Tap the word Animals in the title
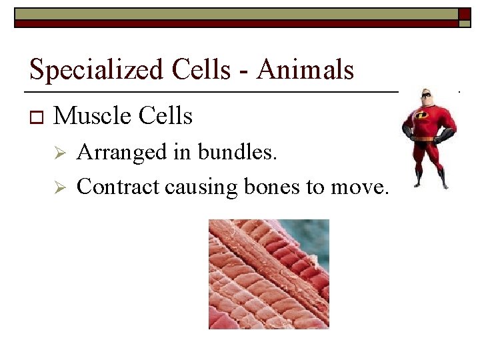305,69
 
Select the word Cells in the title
209,69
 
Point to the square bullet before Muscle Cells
35,118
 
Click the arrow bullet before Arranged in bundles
59,153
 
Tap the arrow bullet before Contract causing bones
59,188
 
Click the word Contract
119,187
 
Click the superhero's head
425,98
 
